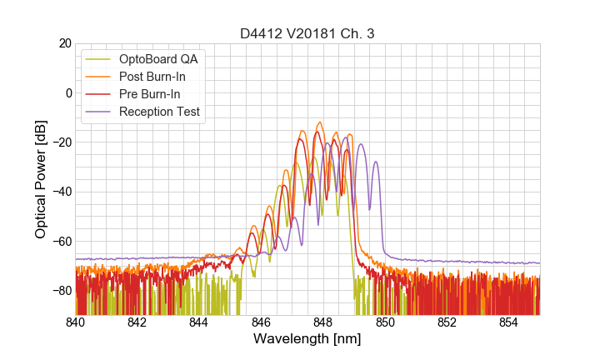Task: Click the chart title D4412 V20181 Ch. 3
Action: [x=307, y=33]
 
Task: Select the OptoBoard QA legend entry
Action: [x=158, y=59]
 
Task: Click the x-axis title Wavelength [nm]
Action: [x=307, y=339]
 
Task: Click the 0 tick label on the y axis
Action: [x=67, y=92]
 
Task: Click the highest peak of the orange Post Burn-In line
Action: [x=320, y=122]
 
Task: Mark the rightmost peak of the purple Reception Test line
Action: [x=376, y=162]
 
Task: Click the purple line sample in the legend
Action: [x=99, y=112]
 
